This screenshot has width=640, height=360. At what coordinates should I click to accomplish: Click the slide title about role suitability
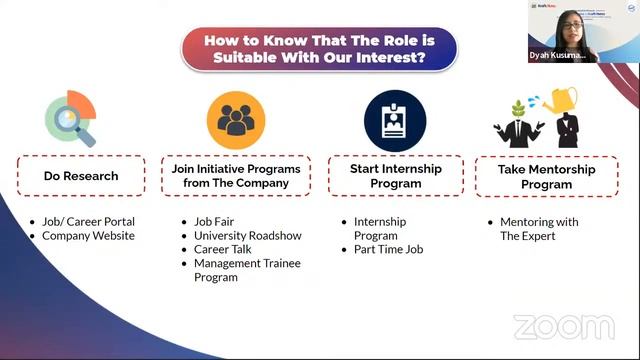click(318, 48)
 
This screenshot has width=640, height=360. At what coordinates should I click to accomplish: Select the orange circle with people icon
click(236, 120)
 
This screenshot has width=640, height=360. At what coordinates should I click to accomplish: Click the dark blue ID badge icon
click(394, 120)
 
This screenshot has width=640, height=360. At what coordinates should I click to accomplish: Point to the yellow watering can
click(560, 100)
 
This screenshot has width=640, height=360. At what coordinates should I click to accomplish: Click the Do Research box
click(81, 176)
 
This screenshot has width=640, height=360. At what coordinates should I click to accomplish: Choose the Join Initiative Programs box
click(236, 176)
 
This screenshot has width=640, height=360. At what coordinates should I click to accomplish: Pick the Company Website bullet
click(88, 236)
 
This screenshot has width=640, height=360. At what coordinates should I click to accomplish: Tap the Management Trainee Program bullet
click(246, 270)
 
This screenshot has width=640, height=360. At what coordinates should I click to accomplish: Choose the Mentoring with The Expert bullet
click(540, 229)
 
